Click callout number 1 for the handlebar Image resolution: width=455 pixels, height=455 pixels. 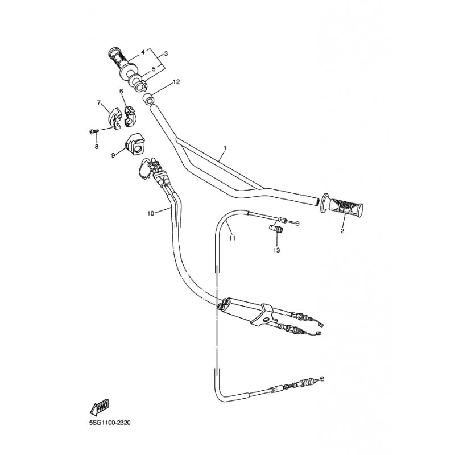pyautogui.click(x=225, y=148)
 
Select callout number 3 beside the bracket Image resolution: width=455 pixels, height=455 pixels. pyautogui.click(x=166, y=53)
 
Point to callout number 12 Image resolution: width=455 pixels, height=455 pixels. pyautogui.click(x=176, y=82)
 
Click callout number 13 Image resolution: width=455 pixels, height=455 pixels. pyautogui.click(x=276, y=250)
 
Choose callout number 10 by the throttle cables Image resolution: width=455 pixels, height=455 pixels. pyautogui.click(x=151, y=214)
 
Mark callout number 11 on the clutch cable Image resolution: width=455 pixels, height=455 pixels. pyautogui.click(x=232, y=238)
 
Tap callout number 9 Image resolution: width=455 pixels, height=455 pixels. pyautogui.click(x=113, y=155)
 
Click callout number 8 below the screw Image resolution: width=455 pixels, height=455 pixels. pyautogui.click(x=96, y=147)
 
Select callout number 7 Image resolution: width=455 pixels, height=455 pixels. pyautogui.click(x=98, y=103)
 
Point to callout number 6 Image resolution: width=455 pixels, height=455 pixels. pyautogui.click(x=121, y=91)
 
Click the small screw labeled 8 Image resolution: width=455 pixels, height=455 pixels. pyautogui.click(x=93, y=131)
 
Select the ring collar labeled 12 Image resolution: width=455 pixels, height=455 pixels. pyautogui.click(x=148, y=99)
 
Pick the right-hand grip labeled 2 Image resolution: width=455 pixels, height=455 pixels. pyautogui.click(x=341, y=205)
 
